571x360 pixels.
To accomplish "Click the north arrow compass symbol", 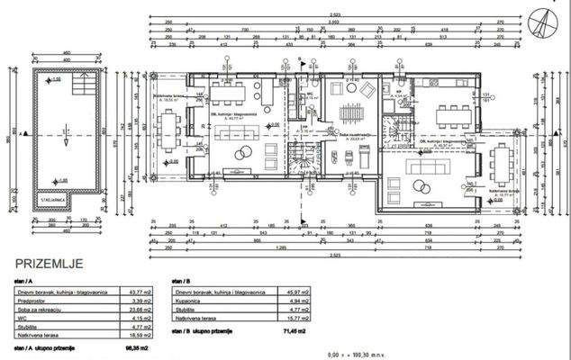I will pos(545,19).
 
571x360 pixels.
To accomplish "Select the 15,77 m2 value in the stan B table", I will pos(291,318).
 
